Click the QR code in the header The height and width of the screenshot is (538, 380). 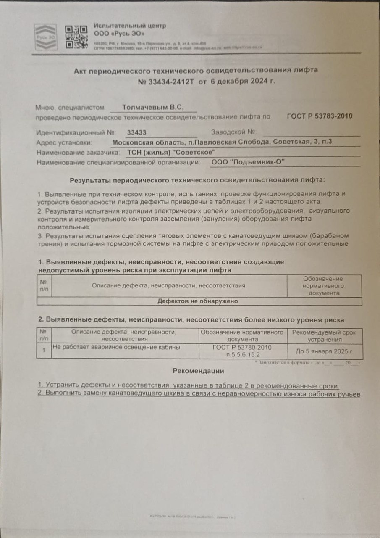point(76,37)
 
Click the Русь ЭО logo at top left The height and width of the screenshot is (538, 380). point(45,37)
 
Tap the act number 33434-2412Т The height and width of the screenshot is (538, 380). point(170,81)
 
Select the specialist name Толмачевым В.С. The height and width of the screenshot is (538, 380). point(153,108)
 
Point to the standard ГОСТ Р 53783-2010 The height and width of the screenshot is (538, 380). point(320,116)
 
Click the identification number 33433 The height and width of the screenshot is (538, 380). point(136,132)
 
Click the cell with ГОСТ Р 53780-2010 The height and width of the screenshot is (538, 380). point(242,351)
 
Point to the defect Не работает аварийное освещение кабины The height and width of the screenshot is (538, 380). point(116,348)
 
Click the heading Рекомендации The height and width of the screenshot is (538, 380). point(198,371)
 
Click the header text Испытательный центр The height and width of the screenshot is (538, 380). point(130,26)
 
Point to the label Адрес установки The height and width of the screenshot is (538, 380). point(64,142)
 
